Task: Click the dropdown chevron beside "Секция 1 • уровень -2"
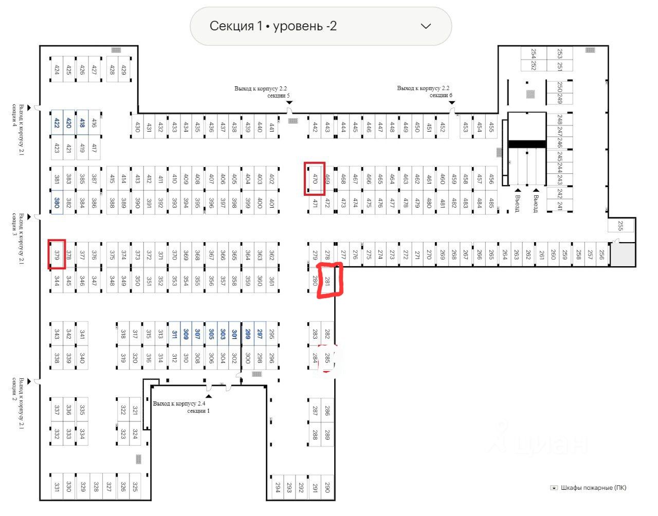426,26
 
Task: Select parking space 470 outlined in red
315,179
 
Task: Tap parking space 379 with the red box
57,254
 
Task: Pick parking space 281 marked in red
327,281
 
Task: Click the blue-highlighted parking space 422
57,123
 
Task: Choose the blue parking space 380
57,202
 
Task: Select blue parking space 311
174,334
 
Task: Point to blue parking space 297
260,334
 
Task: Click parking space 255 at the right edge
620,226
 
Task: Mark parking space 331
57,486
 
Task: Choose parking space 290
327,486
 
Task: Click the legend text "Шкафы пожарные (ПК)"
593,488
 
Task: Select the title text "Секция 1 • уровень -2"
273,26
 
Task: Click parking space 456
491,179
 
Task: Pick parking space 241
560,206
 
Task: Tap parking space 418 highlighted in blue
82,123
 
